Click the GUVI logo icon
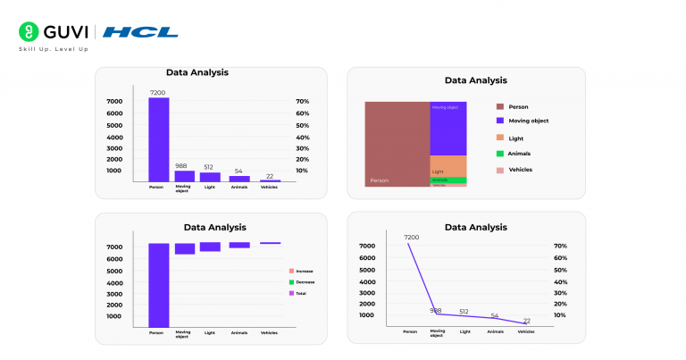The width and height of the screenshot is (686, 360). click(28, 32)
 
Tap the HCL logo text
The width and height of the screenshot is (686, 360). click(140, 33)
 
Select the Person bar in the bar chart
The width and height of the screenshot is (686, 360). click(158, 138)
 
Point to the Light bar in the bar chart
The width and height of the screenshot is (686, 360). click(210, 177)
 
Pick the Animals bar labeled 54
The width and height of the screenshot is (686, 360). click(238, 179)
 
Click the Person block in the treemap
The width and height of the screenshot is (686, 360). click(397, 143)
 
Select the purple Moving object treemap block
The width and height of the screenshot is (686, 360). click(448, 130)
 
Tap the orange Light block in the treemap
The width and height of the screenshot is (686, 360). click(448, 166)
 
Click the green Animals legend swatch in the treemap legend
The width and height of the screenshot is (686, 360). click(500, 154)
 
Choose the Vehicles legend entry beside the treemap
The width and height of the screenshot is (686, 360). click(520, 170)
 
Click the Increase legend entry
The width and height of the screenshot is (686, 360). click(301, 271)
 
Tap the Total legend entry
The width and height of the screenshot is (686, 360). click(298, 293)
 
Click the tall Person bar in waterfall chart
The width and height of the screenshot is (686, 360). click(158, 284)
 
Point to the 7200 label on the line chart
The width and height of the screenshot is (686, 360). click(411, 238)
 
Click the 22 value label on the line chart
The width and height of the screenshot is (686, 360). click(526, 321)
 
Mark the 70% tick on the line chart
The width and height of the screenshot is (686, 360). click(560, 246)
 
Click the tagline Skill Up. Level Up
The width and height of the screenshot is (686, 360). click(54, 49)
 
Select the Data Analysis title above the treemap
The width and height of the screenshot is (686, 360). click(475, 80)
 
